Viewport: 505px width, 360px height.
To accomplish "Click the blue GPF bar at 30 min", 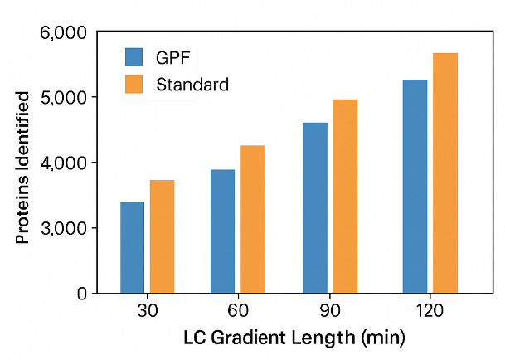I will coord(133,247).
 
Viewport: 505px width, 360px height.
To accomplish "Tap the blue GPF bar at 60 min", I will coord(222,231).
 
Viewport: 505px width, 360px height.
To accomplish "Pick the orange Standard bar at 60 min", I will coord(253,219).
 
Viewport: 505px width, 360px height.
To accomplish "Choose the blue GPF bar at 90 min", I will coord(315,207).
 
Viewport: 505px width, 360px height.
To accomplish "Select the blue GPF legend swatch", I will coord(135,57).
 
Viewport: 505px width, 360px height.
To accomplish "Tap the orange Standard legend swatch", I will coord(135,85).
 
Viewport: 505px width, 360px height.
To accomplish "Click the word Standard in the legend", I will coord(192,85).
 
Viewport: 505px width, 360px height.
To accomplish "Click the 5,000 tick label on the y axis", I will coord(63,97).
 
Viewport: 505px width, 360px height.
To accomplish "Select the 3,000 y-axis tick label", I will coord(63,228).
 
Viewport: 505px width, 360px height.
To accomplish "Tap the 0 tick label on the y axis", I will coord(81,294).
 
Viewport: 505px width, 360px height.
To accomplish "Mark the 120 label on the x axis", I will coord(430,312).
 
